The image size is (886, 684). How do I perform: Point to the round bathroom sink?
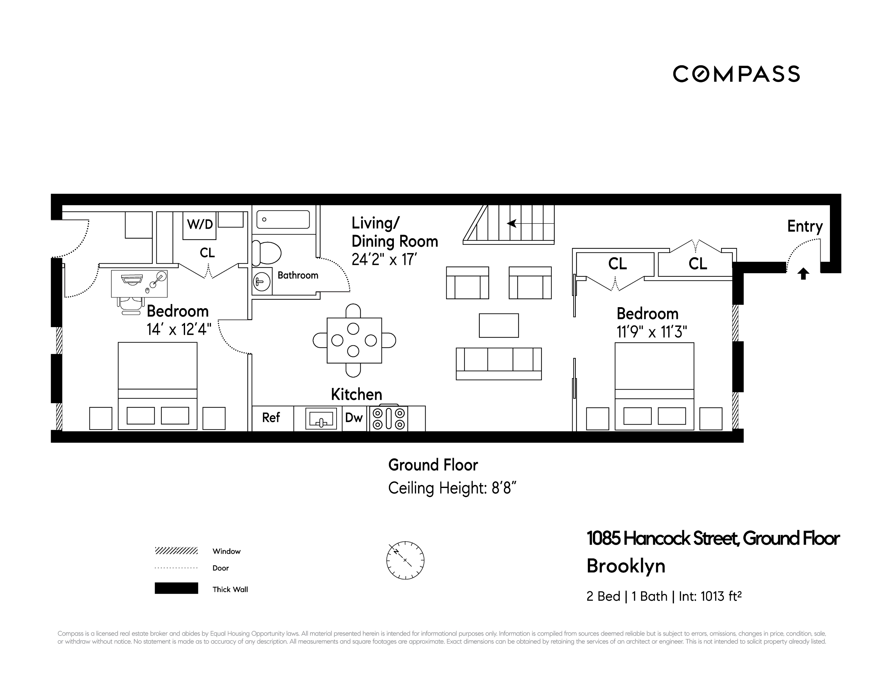click(x=262, y=281)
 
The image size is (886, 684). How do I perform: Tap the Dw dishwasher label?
click(x=354, y=418)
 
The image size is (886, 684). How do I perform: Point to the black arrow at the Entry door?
click(x=803, y=274)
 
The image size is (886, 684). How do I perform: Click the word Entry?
click(x=805, y=226)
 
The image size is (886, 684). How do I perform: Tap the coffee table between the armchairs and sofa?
click(x=498, y=325)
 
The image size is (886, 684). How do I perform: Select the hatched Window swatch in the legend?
click(x=176, y=551)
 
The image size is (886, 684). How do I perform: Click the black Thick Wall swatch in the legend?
click(x=176, y=588)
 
